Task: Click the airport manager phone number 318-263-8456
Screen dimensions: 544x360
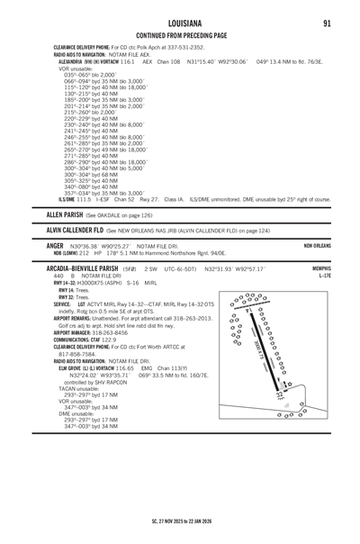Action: pyautogui.click(x=101, y=355)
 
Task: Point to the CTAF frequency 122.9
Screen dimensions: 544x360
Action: pyautogui.click(x=107, y=361)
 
